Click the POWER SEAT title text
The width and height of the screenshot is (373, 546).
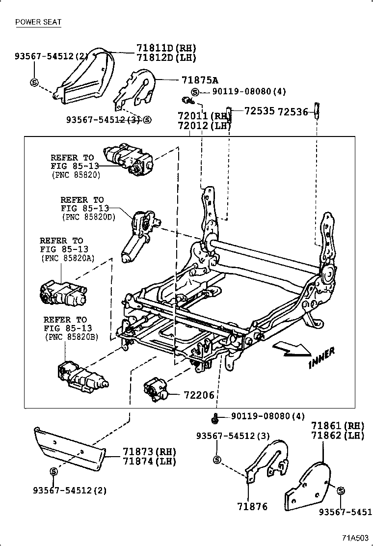[x=38, y=22]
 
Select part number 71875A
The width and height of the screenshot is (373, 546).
[x=200, y=80]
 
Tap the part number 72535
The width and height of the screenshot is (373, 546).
[x=259, y=112]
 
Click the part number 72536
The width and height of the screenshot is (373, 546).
[x=293, y=112]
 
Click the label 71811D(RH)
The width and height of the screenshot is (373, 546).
[x=159, y=48]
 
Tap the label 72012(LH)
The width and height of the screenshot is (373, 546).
[x=204, y=126]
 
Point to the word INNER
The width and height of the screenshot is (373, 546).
[x=322, y=357]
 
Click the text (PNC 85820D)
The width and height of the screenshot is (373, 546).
[x=88, y=217]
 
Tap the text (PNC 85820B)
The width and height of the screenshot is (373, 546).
[x=71, y=337]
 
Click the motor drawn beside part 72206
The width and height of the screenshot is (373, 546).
[x=156, y=391]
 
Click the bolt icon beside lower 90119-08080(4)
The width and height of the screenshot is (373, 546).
[x=215, y=419]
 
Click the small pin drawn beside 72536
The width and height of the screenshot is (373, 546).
[x=317, y=110]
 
